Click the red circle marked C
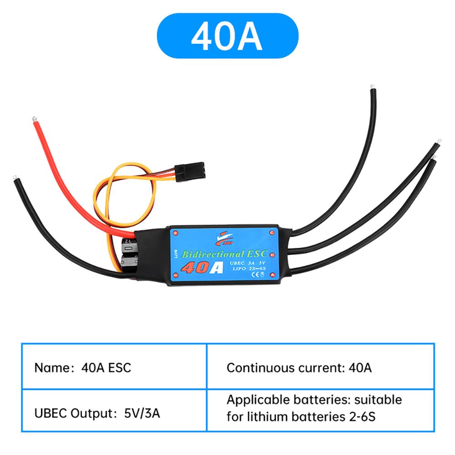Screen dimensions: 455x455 point(272,233)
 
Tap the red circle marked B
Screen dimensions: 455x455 point(272,254)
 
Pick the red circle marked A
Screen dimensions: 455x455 point(272,275)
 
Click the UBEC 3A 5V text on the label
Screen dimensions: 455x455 point(246,262)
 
